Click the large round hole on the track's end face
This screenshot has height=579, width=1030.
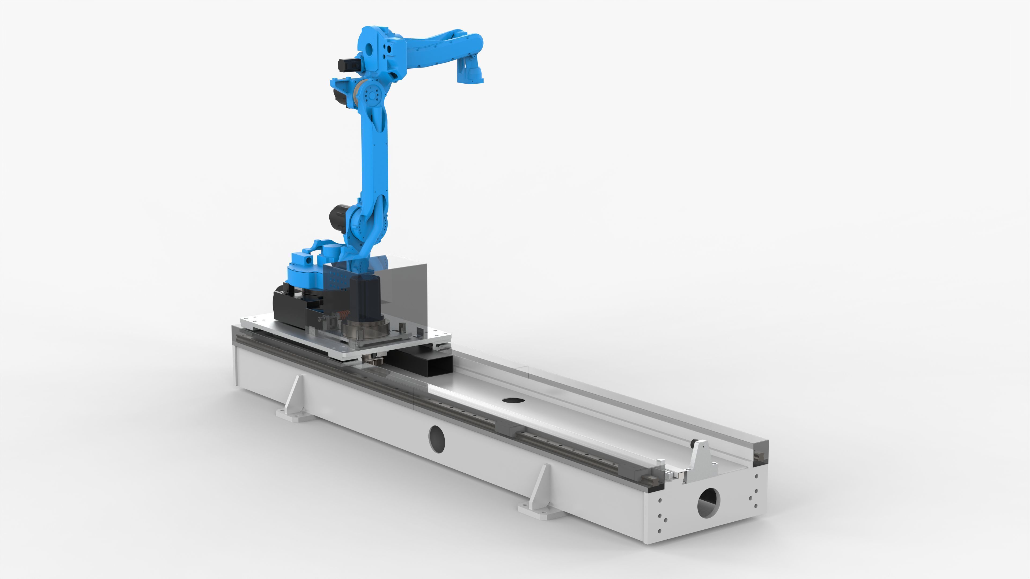[x=708, y=503]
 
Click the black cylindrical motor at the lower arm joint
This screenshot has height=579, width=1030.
[x=338, y=217]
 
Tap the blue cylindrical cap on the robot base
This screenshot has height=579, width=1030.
[x=330, y=252]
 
